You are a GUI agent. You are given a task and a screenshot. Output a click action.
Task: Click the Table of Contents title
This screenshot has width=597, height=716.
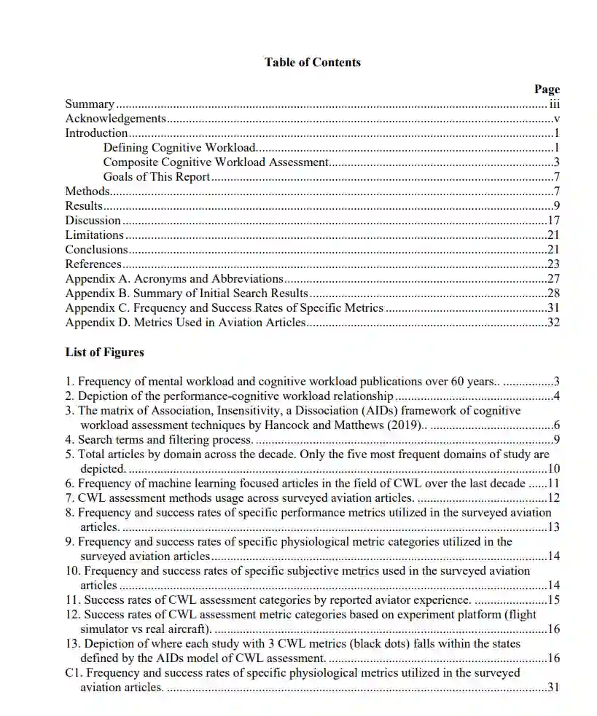(x=312, y=63)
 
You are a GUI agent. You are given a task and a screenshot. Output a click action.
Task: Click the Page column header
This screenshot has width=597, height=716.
(x=547, y=90)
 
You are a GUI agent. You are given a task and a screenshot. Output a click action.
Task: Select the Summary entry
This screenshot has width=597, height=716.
(x=90, y=104)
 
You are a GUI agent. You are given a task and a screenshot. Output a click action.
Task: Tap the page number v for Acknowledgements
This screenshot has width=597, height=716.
(x=556, y=119)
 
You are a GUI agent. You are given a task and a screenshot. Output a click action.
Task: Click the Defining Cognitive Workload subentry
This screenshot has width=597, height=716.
(x=179, y=148)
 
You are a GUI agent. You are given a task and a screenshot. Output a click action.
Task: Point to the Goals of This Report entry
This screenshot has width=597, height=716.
(x=156, y=177)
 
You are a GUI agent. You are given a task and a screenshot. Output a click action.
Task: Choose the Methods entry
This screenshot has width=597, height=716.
(x=87, y=192)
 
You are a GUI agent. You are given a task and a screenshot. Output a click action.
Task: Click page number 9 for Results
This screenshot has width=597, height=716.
(x=556, y=206)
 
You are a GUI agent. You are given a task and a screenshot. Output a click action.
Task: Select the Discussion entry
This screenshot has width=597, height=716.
(x=93, y=221)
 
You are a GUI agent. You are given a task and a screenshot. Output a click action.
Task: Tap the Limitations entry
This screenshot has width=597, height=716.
(x=94, y=235)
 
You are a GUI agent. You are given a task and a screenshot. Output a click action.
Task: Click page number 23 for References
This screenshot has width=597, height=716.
(x=553, y=264)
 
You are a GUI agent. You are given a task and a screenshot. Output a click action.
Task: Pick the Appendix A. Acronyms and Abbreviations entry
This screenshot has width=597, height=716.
(x=173, y=279)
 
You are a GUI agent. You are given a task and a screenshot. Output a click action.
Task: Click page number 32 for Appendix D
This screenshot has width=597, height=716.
(x=553, y=323)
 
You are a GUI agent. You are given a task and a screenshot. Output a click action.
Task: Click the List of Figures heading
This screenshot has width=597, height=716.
(x=104, y=353)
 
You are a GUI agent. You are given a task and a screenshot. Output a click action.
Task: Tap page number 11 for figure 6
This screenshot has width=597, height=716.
(x=553, y=484)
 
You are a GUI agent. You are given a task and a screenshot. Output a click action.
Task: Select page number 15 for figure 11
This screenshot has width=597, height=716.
(x=553, y=600)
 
